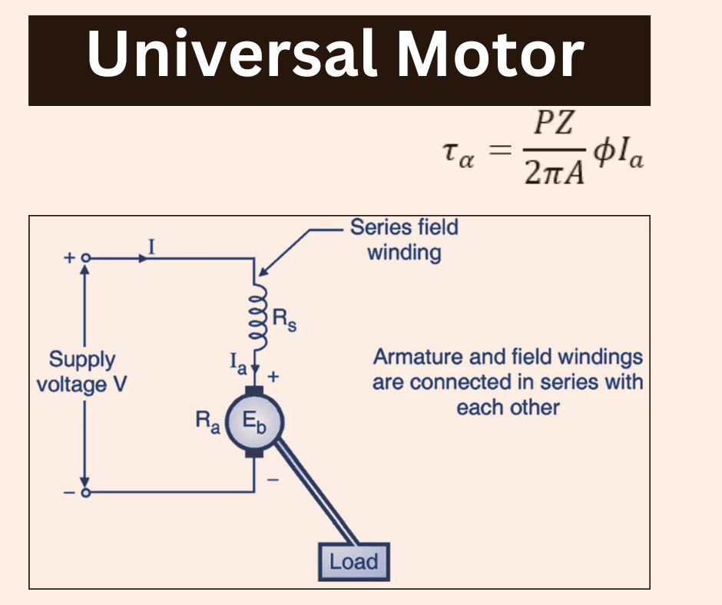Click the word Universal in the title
[x=230, y=56]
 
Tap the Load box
[x=354, y=562]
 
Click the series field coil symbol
[x=254, y=318]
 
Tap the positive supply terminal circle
[x=86, y=259]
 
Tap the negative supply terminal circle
[x=86, y=492]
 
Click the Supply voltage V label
[x=81, y=371]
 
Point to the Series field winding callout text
[x=404, y=240]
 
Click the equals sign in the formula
[x=499, y=150]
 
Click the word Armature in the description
[x=409, y=357]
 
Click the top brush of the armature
[x=254, y=384]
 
